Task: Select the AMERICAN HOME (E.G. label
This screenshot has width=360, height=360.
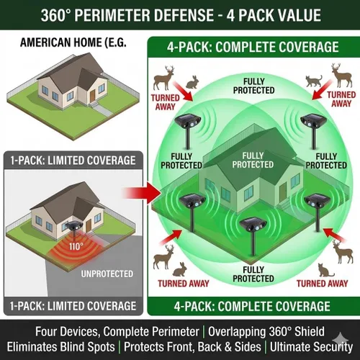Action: click(x=73, y=42)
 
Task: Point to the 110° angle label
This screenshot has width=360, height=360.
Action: click(x=76, y=246)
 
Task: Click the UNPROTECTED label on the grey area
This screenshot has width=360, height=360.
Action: click(x=107, y=274)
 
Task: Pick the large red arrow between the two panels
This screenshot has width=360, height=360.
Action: click(x=142, y=193)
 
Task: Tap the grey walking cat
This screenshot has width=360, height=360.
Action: click(x=314, y=81)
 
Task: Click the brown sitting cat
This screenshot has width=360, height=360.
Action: click(x=325, y=271)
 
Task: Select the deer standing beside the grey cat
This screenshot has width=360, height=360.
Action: click(x=341, y=75)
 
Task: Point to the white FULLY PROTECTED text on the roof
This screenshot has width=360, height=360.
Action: click(x=253, y=160)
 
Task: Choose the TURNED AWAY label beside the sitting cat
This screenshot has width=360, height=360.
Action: click(x=323, y=284)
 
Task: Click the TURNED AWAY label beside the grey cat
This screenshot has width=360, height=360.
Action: click(x=341, y=99)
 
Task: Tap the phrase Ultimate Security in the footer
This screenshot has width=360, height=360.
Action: click(x=312, y=347)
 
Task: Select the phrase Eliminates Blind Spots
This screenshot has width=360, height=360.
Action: click(x=61, y=347)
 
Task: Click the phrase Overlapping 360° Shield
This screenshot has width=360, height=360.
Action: click(x=266, y=332)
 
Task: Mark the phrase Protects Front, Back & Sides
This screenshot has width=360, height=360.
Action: click(x=192, y=347)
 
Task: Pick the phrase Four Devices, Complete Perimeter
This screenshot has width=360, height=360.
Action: click(x=117, y=332)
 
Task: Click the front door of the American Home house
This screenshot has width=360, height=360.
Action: click(x=93, y=94)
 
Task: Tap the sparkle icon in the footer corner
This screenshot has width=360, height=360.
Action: click(x=341, y=338)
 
